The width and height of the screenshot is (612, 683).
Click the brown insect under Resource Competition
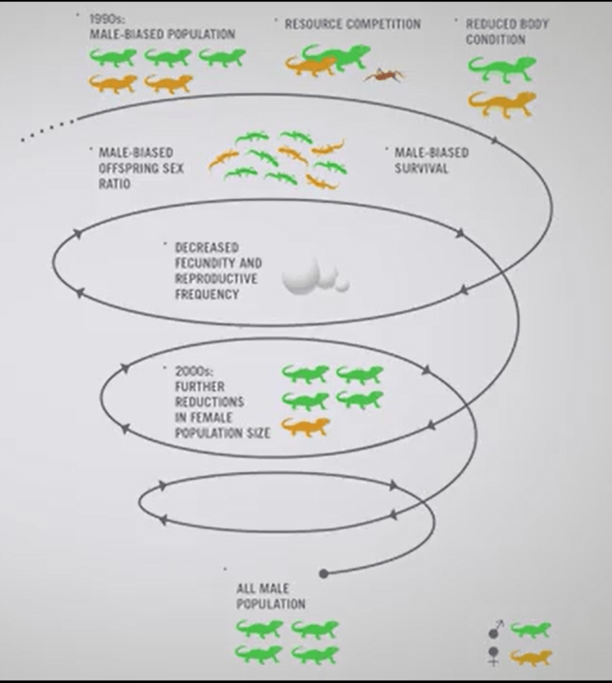point(385,75)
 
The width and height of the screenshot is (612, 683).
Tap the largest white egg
point(299,277)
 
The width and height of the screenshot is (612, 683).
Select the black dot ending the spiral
point(324,574)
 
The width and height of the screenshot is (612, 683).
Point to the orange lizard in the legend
point(531,657)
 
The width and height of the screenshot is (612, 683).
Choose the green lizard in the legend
point(531,630)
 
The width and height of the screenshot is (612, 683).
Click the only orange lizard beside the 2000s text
point(305,427)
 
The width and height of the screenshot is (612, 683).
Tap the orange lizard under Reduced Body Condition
point(502,103)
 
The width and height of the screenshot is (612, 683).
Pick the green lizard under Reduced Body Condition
point(502,67)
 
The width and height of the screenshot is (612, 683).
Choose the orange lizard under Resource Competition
point(310,65)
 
